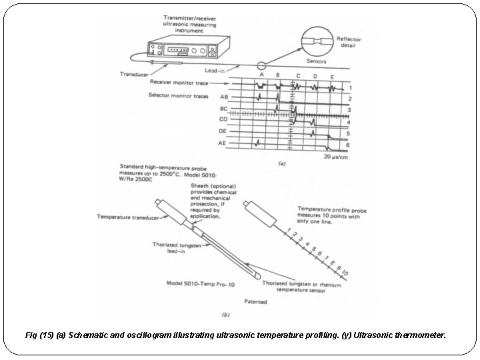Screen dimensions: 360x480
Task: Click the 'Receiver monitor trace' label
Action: pos(179,83)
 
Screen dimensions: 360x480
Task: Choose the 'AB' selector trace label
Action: pos(224,97)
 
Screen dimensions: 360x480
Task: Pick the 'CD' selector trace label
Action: pos(224,120)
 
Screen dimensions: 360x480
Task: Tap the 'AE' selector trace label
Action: pos(223,143)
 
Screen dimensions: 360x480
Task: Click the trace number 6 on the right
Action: pos(349,145)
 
